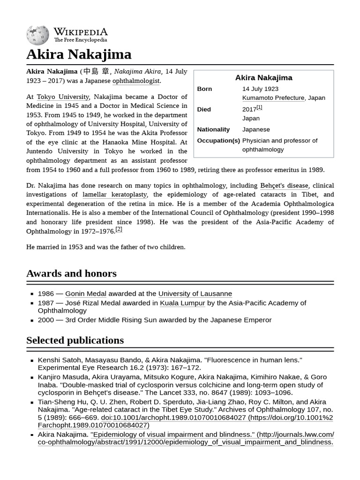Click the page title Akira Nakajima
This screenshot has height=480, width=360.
79,54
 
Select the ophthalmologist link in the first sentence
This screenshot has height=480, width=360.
136,81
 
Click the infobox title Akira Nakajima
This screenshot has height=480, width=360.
263,78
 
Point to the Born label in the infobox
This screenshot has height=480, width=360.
204,89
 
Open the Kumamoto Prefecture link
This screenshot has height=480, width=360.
273,98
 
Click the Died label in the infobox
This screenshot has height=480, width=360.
204,109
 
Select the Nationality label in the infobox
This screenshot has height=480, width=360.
213,129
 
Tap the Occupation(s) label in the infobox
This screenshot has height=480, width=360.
218,141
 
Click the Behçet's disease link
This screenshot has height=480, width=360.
285,186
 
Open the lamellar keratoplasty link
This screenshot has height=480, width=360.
115,195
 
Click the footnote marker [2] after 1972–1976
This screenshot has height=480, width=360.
119,229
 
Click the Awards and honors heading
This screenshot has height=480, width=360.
71,273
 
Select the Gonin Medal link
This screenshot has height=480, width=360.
86,294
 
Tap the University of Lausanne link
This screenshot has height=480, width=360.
195,294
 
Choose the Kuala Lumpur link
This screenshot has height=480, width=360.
182,303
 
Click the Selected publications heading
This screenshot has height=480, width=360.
75,340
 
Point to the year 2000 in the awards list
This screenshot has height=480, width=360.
46,320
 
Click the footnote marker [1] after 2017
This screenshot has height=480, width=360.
259,107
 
